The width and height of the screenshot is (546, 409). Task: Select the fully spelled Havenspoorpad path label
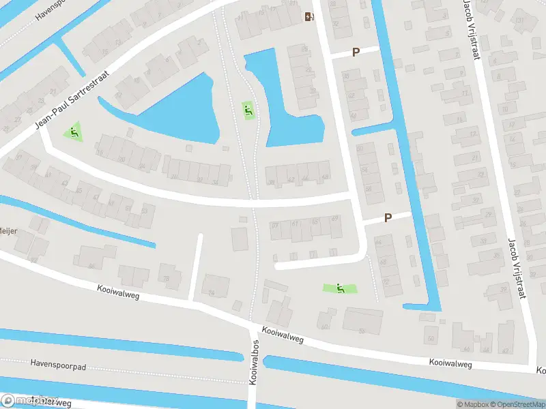pos(58,366)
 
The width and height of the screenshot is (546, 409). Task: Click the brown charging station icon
pos(309,17)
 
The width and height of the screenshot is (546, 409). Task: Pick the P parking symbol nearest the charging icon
pos(356,52)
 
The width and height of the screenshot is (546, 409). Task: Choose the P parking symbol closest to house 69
pos(388,218)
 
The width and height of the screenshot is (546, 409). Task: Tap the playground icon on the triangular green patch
pos(74,132)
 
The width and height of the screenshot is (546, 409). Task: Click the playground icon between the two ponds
pos(248,109)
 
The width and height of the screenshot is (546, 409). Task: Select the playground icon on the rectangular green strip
pos(340,289)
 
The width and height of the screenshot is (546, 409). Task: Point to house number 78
pos(165,279)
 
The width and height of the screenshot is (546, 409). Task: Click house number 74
pos(211,294)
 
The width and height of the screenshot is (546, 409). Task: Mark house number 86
pos(93,267)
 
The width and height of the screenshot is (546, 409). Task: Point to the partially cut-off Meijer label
pos(8,231)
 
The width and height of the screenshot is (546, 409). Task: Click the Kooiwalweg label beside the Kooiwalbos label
pos(281,335)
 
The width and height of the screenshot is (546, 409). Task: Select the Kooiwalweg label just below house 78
pos(119,291)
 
